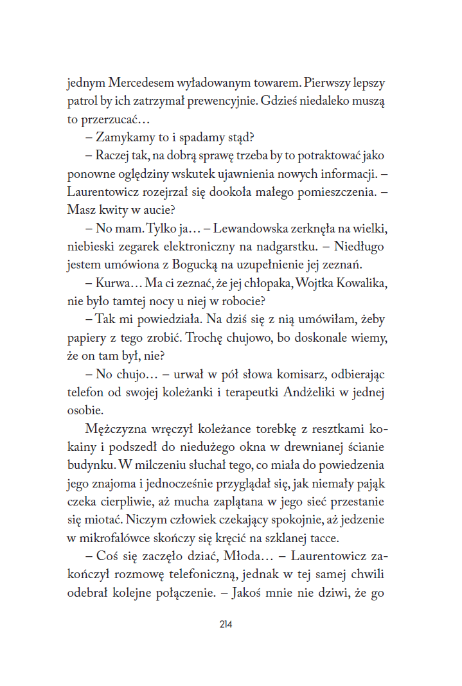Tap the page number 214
coord(225,624)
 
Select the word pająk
coord(369,482)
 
